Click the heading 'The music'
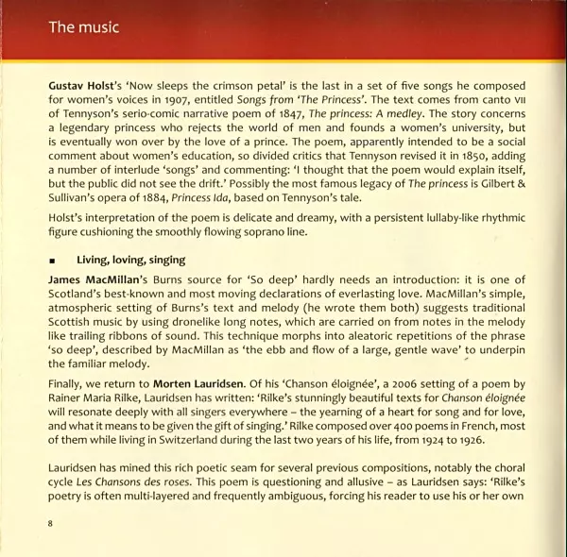[x=84, y=27]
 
